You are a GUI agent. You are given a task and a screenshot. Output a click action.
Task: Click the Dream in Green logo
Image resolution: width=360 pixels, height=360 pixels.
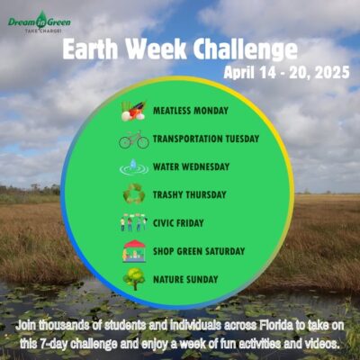pyautogui.click(x=40, y=22)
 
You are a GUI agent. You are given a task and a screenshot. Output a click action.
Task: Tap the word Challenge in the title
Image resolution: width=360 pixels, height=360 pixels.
pyautogui.click(x=246, y=49)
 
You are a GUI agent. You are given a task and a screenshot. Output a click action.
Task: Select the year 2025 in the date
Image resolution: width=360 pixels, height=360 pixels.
pyautogui.click(x=332, y=73)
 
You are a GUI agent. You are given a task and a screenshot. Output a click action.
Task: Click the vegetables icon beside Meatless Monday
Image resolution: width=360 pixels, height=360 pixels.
pyautogui.click(x=133, y=111)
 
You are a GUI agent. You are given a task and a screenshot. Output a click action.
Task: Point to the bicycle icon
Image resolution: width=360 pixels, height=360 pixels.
pyautogui.click(x=134, y=139)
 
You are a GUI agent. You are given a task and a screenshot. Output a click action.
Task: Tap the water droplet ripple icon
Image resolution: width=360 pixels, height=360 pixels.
pyautogui.click(x=134, y=167)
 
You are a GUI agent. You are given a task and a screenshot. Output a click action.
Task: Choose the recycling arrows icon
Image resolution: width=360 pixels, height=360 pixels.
pyautogui.click(x=134, y=193)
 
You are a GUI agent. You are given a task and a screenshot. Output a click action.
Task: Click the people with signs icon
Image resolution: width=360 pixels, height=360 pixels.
pyautogui.click(x=134, y=222)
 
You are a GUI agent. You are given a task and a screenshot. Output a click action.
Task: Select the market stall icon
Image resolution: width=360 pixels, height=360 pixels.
pyautogui.click(x=134, y=251)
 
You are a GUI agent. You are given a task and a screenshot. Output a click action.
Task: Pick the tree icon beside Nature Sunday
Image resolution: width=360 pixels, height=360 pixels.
pyautogui.click(x=134, y=279)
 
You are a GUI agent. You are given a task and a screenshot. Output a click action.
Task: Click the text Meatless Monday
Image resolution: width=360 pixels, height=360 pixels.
pyautogui.click(x=191, y=111)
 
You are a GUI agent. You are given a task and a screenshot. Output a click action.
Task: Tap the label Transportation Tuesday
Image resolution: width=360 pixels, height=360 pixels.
pyautogui.click(x=206, y=139)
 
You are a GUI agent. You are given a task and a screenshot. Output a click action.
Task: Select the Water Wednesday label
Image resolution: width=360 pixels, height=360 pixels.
pyautogui.click(x=191, y=166)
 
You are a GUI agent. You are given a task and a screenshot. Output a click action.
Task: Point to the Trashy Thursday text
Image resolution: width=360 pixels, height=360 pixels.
pyautogui.click(x=190, y=194)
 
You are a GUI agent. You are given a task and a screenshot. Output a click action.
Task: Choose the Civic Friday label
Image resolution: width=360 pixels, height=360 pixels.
pyautogui.click(x=178, y=223)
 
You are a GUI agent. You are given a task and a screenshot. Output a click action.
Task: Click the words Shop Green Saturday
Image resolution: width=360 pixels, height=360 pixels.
pyautogui.click(x=199, y=251)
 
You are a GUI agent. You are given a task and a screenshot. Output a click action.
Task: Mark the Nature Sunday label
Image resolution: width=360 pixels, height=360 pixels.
pyautogui.click(x=185, y=279)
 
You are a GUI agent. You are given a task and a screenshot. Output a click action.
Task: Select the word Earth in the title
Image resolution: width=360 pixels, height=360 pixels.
pyautogui.click(x=90, y=49)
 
